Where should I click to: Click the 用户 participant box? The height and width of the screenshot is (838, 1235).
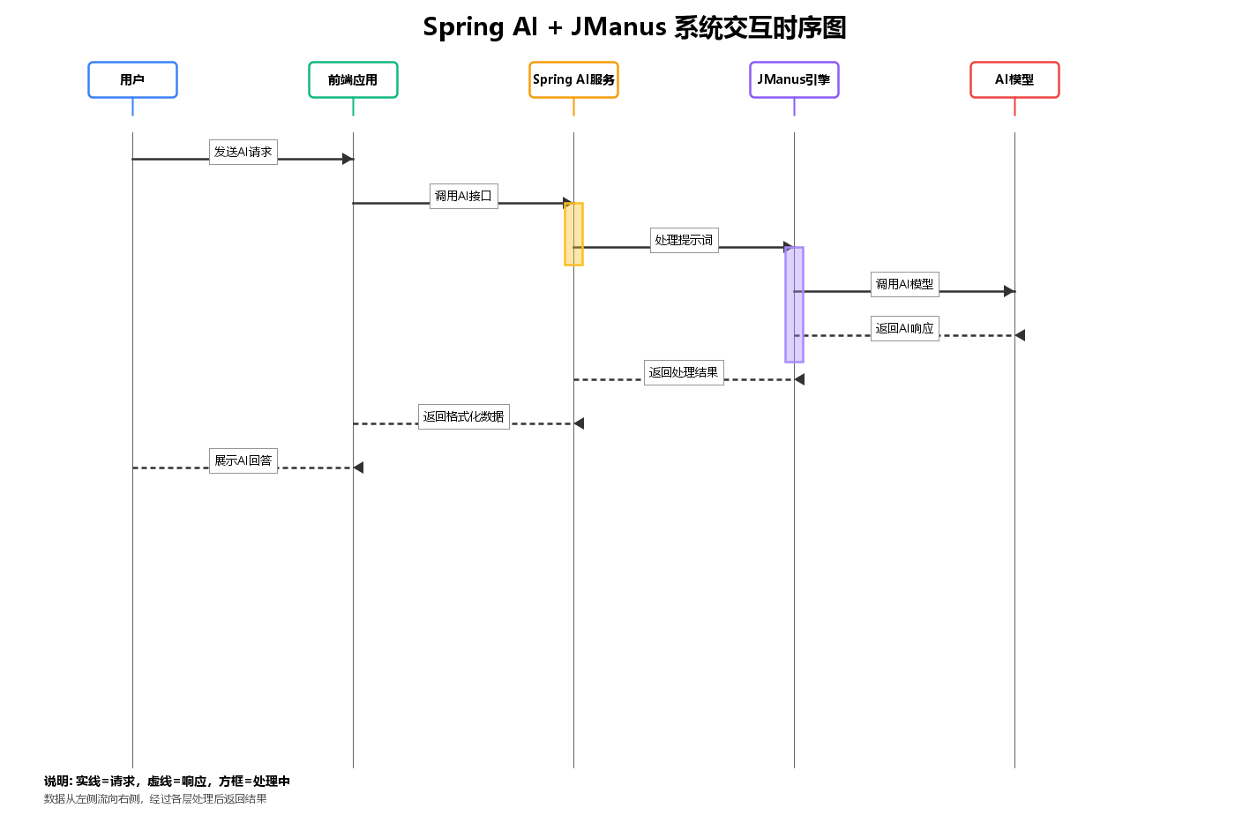132,79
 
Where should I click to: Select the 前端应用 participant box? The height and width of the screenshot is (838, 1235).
353,79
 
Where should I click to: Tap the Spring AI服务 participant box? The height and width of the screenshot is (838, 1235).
573,79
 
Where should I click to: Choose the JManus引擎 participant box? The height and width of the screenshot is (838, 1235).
794,79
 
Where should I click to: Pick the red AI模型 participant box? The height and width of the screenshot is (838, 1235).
1014,79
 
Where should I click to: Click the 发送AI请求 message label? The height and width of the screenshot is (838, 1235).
243,152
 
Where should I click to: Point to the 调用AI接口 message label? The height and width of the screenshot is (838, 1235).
463,196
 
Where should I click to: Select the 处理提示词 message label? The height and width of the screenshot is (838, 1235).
684,240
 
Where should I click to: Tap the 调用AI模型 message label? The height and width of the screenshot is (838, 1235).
904,284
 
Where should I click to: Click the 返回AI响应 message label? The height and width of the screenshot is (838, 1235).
904,328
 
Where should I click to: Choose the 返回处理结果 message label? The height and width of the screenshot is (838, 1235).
684,372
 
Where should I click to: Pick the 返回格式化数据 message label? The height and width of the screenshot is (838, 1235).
463,416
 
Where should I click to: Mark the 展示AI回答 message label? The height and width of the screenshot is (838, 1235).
243,460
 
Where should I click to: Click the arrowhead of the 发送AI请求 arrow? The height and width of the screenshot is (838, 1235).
348,159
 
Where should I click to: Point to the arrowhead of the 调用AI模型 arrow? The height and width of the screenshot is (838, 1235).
1010,291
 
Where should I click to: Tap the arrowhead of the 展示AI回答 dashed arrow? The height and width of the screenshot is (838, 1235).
358,468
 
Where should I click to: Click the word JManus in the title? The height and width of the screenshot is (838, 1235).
618,27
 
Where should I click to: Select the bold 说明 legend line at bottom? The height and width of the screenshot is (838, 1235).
167,781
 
